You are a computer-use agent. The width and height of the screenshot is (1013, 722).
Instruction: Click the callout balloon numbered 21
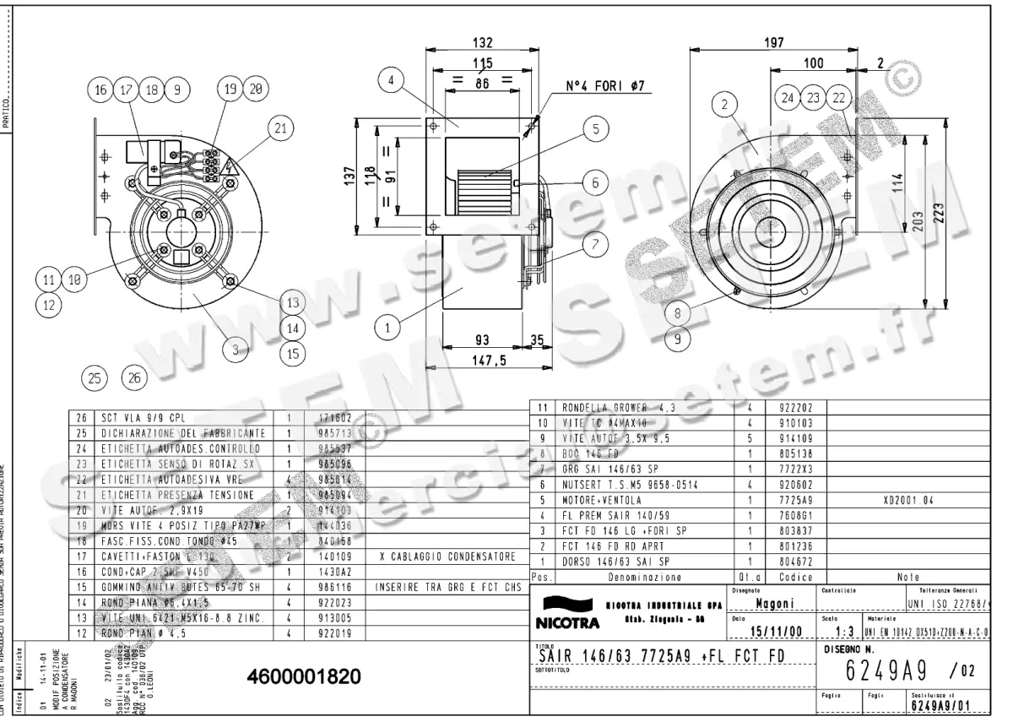click(x=281, y=128)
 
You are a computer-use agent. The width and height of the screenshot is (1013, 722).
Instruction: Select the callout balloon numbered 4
click(x=391, y=82)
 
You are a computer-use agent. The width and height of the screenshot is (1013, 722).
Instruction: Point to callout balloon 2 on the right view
click(x=723, y=106)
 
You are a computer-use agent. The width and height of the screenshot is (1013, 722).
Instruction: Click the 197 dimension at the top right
click(x=774, y=43)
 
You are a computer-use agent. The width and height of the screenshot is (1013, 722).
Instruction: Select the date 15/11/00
click(x=766, y=630)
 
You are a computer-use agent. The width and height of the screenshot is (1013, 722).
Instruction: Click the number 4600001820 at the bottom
click(x=305, y=677)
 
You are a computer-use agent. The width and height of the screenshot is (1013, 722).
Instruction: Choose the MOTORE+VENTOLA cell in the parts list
click(x=603, y=500)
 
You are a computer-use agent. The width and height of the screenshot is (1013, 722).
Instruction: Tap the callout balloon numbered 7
click(x=595, y=245)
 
